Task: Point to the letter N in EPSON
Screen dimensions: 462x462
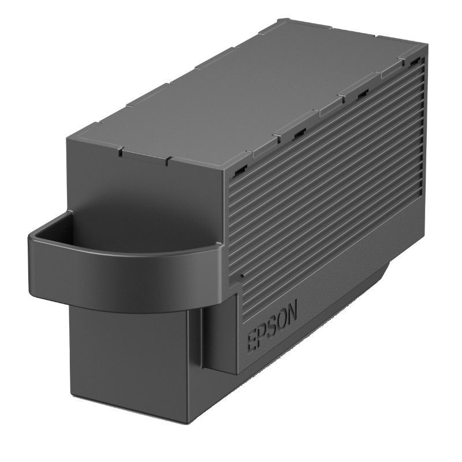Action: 292,312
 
